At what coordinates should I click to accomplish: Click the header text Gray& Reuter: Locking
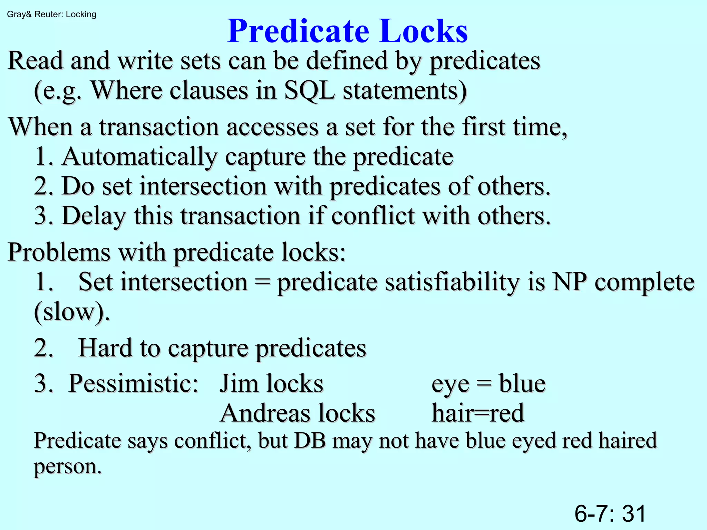(x=52, y=14)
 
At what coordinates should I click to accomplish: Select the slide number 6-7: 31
(x=610, y=513)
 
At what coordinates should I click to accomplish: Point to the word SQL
(x=309, y=91)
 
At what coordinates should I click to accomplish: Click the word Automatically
(x=139, y=157)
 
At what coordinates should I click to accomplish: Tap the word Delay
(x=94, y=216)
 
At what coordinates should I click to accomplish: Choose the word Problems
(x=59, y=252)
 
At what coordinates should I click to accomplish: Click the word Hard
(x=105, y=348)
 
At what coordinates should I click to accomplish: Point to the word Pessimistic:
(x=133, y=384)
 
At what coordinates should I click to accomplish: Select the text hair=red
(x=478, y=413)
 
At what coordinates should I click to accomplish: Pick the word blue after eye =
(x=522, y=384)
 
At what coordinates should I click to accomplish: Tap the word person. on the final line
(x=68, y=467)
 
